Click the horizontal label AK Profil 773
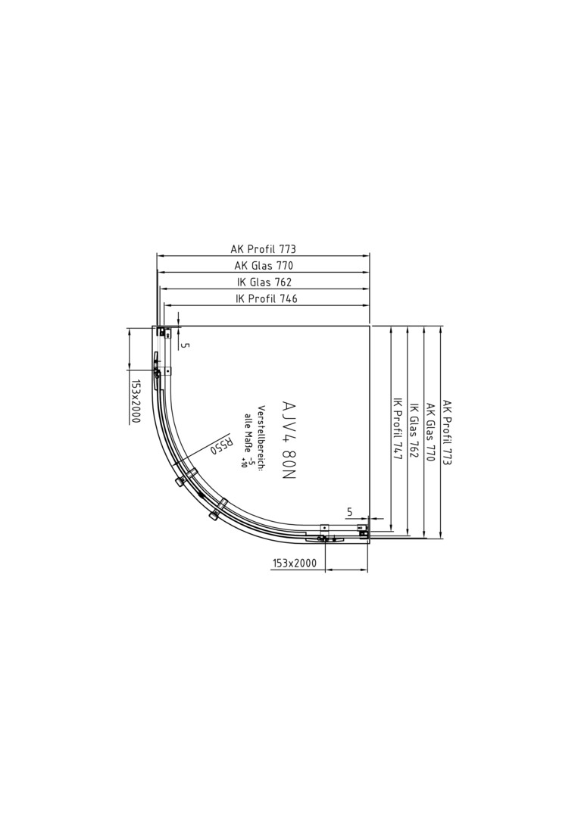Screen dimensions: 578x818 click(x=264, y=249)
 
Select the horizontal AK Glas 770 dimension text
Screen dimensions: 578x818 click(x=264, y=266)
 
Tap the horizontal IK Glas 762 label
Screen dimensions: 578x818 click(x=264, y=283)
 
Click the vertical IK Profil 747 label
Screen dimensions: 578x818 click(x=396, y=426)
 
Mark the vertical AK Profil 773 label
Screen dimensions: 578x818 click(x=447, y=432)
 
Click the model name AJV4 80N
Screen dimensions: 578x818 click(x=288, y=443)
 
